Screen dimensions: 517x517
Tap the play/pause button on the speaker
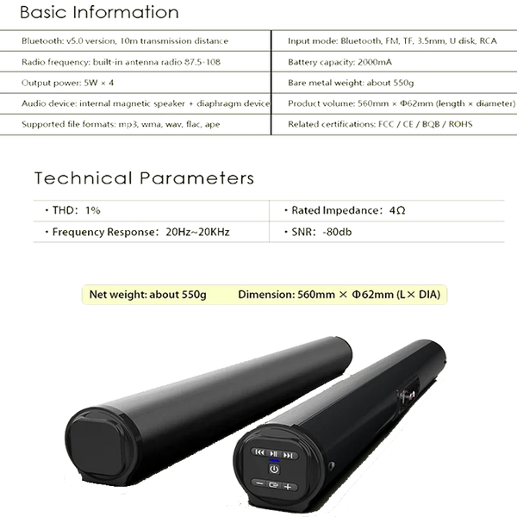tap(272, 453)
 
